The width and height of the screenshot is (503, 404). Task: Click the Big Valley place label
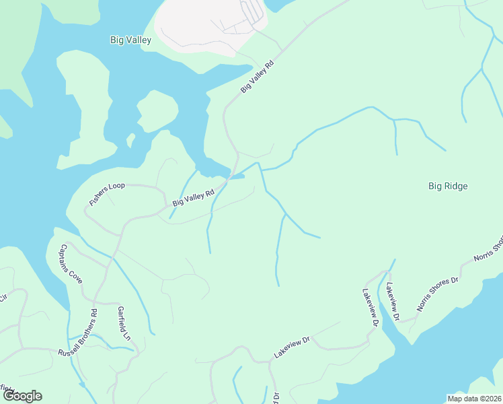click(130, 40)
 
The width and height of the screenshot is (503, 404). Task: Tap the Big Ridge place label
click(448, 186)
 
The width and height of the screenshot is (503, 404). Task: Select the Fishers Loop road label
click(108, 193)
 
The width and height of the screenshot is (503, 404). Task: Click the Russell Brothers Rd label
click(77, 333)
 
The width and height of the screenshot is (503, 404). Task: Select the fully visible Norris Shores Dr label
click(436, 294)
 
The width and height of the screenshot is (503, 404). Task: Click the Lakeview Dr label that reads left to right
click(291, 347)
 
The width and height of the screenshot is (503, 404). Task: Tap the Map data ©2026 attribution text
click(475, 399)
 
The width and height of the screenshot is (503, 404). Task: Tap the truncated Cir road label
click(3, 298)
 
